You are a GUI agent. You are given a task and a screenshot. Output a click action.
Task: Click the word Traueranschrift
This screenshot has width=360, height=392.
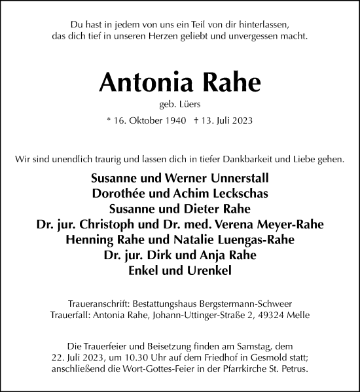pyautogui.click(x=98, y=303)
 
